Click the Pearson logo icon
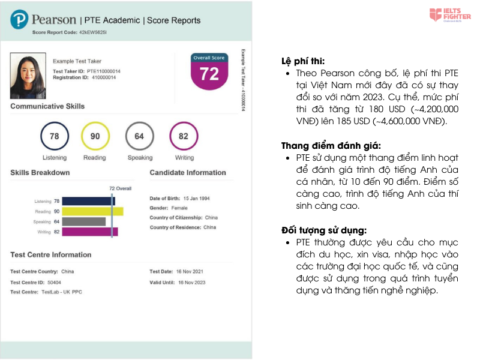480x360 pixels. tap(20, 20)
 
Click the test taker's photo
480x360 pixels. tap(28, 76)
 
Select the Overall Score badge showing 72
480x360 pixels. tap(209, 71)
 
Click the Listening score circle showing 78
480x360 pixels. tap(55, 136)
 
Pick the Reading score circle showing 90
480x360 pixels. tap(95, 136)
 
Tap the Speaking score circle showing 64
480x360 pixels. tap(140, 136)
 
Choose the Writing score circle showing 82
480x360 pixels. tap(184, 136)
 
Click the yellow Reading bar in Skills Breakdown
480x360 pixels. tap(92, 211)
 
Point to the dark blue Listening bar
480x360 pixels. tap(88, 201)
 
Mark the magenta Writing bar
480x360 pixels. tap(90, 232)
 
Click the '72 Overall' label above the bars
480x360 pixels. tap(120, 188)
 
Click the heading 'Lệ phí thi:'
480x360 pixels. tap(303, 61)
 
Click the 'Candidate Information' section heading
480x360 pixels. tap(188, 173)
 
